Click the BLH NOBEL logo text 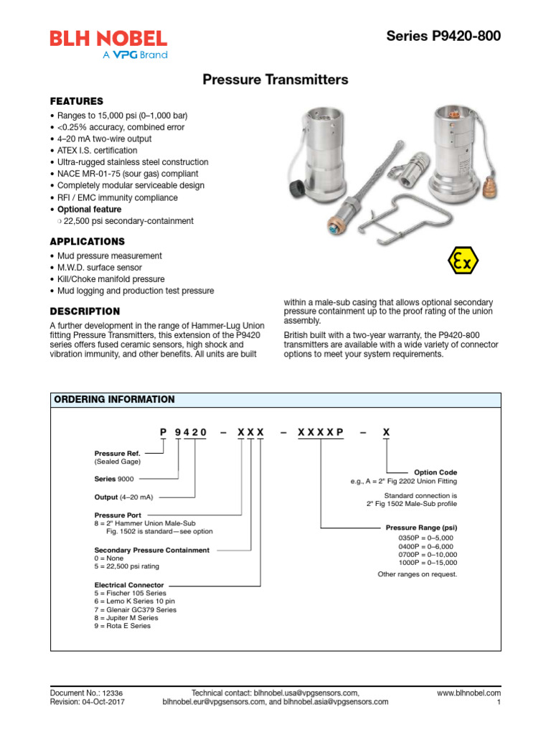(108, 38)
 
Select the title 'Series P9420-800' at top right (443, 36)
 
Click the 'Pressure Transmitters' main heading (275, 80)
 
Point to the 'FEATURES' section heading (76, 101)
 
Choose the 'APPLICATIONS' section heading (87, 241)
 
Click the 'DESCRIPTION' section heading (85, 312)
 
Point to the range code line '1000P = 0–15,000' (427, 563)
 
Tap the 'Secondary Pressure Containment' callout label (152, 550)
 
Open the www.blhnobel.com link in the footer (468, 693)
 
